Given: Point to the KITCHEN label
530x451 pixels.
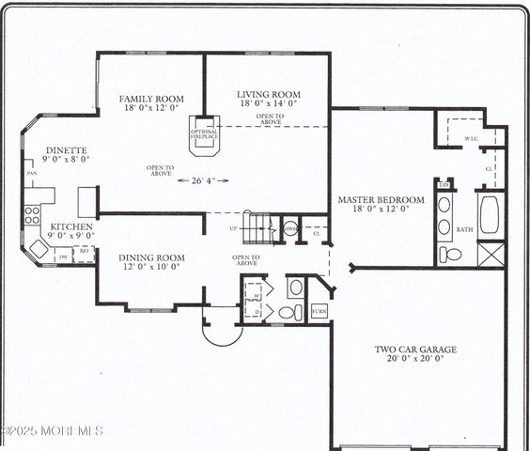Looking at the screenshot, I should pyautogui.click(x=70, y=227).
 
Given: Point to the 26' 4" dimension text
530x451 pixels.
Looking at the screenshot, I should pyautogui.click(x=202, y=180).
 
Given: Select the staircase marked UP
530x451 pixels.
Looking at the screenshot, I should pyautogui.click(x=261, y=227).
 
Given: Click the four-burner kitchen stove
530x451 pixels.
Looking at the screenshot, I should pyautogui.click(x=32, y=214).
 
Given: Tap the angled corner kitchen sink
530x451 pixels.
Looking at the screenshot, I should pyautogui.click(x=39, y=248).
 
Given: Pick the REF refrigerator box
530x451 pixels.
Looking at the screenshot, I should pyautogui.click(x=85, y=252).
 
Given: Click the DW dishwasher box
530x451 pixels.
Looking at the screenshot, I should pyautogui.click(x=64, y=256).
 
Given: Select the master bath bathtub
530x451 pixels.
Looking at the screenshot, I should pyautogui.click(x=490, y=214).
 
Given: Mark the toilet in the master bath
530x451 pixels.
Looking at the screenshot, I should pyautogui.click(x=452, y=255).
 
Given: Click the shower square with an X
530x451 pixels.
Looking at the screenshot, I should pyautogui.click(x=491, y=254).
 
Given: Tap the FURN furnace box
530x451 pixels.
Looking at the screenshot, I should pyautogui.click(x=320, y=310).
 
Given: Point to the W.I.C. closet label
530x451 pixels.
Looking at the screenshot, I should pyautogui.click(x=472, y=138).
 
